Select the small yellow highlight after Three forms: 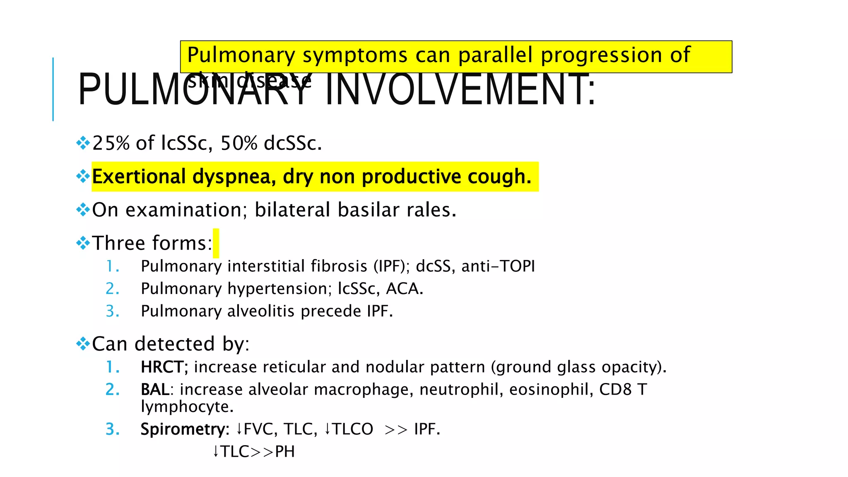(x=216, y=243)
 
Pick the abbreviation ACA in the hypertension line (x=404, y=289)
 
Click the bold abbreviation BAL (x=155, y=390)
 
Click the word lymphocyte (x=187, y=407)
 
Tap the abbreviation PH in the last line (x=285, y=452)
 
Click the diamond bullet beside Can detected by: (x=83, y=344)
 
